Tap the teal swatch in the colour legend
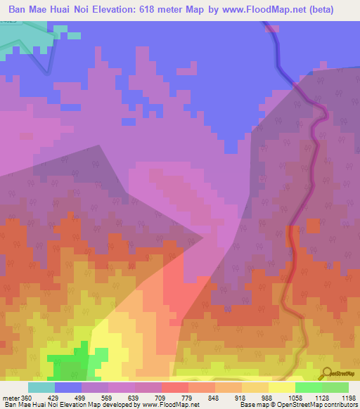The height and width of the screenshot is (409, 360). pyautogui.click(x=41, y=387)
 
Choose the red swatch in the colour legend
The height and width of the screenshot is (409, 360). pyautogui.click(x=174, y=387)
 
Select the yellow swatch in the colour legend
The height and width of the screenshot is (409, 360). pyautogui.click(x=281, y=387)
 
